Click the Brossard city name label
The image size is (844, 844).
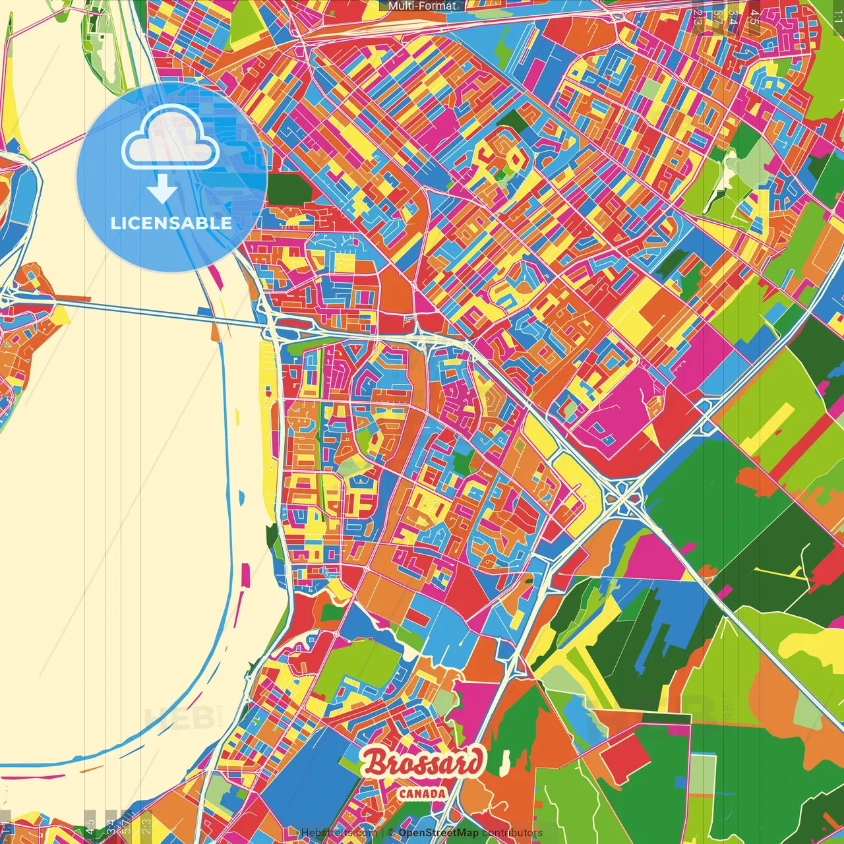[x=423, y=764]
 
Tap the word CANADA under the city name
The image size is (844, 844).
[x=422, y=793]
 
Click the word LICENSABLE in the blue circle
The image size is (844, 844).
[x=171, y=223]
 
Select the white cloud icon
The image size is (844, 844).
[x=171, y=137]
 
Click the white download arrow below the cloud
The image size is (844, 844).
[x=162, y=189]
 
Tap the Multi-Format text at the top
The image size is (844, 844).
[x=422, y=6]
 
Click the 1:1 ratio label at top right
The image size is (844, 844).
[x=837, y=15]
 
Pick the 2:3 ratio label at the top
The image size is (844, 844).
[x=698, y=17]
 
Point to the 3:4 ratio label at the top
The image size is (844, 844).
[x=733, y=16]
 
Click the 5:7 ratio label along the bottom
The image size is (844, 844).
[x=125, y=824]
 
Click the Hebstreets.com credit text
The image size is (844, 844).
[x=339, y=833]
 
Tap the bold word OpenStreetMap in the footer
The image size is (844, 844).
[x=438, y=833]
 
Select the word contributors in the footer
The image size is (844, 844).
[x=512, y=833]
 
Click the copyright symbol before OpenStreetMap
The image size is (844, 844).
[x=390, y=833]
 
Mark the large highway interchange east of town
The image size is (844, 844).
[x=622, y=495]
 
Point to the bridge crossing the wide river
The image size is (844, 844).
[x=152, y=311]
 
